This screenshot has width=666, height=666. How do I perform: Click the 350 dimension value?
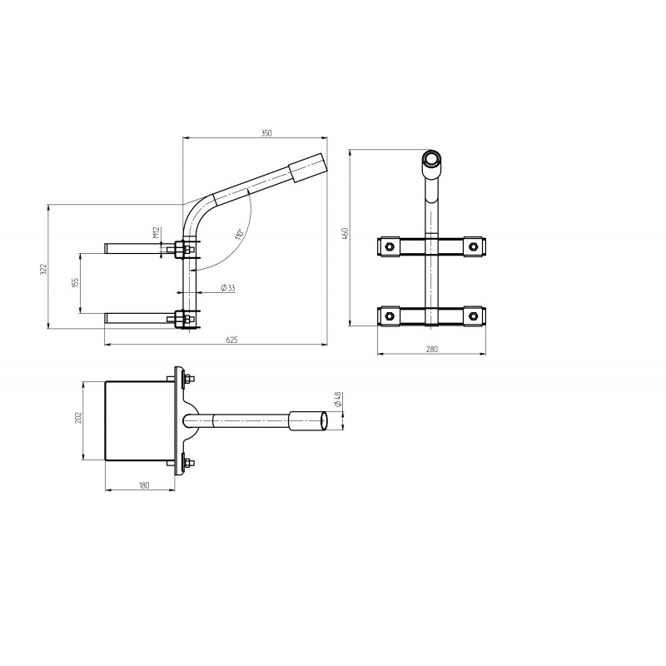click(266, 133)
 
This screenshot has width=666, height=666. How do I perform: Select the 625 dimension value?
click(232, 340)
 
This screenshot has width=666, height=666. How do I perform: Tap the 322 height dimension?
click(43, 269)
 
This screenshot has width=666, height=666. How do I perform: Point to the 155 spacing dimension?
click(75, 283)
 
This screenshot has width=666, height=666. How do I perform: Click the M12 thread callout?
click(156, 232)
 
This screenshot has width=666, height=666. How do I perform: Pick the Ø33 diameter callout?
click(227, 288)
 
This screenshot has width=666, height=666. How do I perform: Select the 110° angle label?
click(239, 235)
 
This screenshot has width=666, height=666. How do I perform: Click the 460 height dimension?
click(345, 233)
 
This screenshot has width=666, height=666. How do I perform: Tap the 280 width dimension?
click(431, 350)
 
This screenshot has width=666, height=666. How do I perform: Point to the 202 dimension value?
click(77, 418)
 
